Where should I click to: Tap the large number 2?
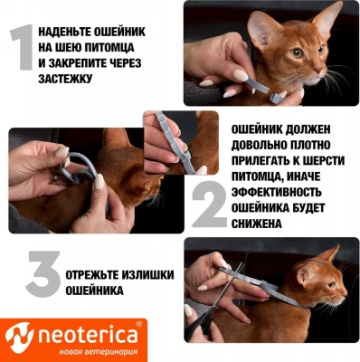(x=210, y=206)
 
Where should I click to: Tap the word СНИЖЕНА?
(x=260, y=223)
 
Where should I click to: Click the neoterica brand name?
(x=86, y=336)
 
